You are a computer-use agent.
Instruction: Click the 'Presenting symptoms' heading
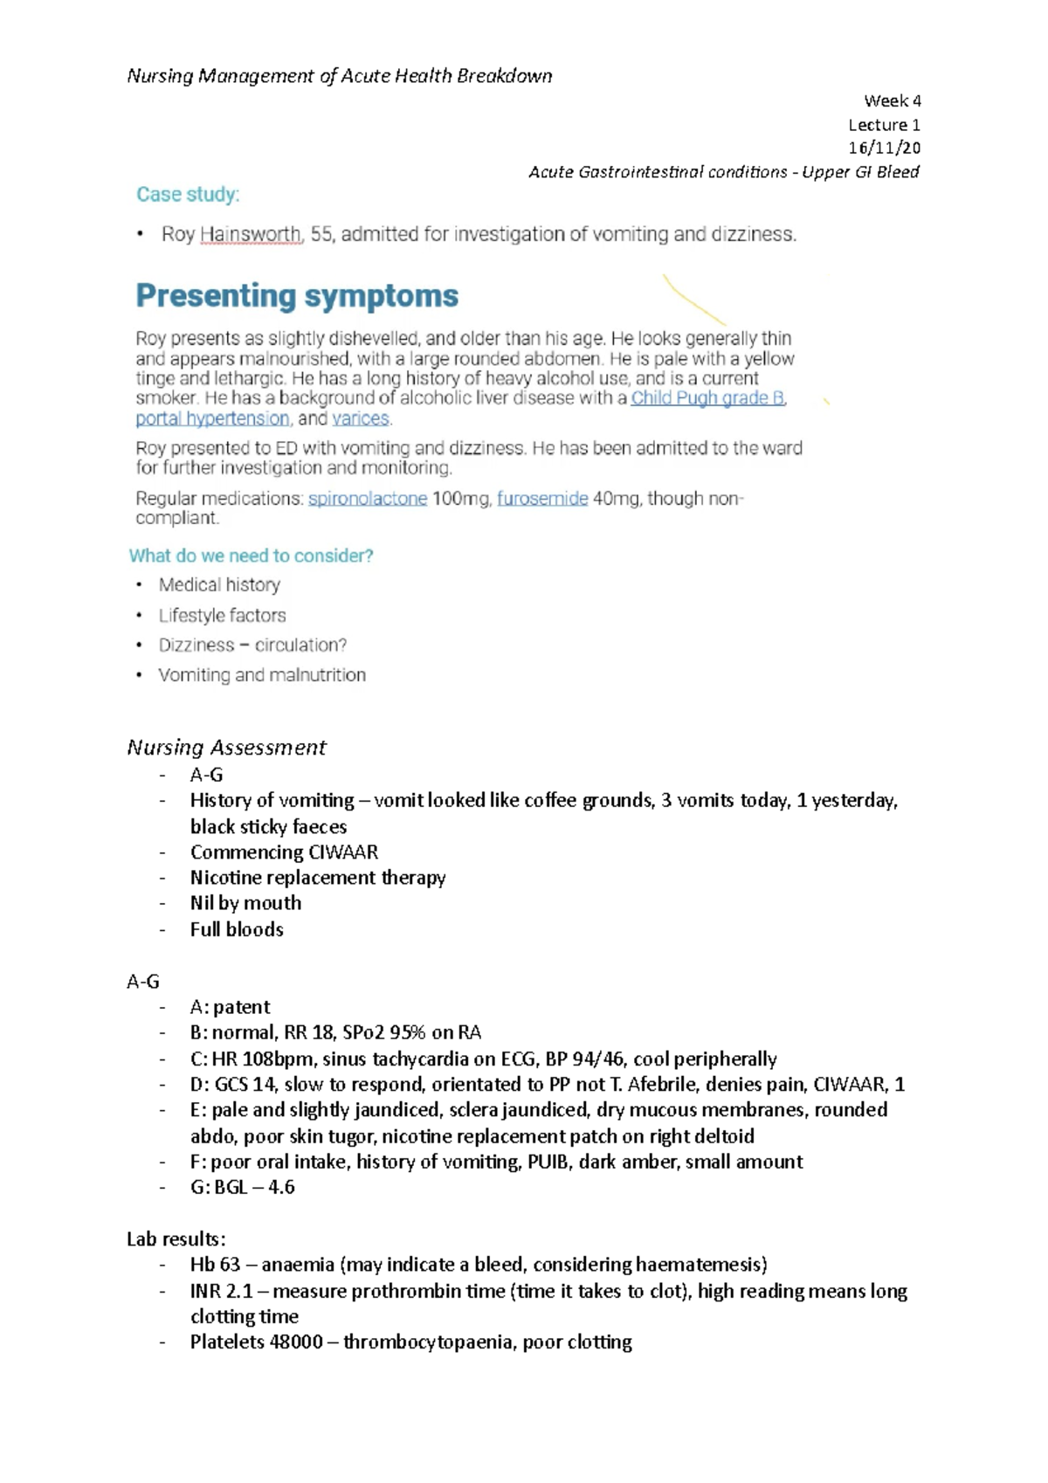(297, 296)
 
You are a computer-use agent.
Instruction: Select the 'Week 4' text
(892, 100)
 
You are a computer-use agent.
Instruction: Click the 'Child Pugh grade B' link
(707, 398)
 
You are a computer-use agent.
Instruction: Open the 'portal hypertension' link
(212, 418)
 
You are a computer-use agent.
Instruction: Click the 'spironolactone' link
(368, 499)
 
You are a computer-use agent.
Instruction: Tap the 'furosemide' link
(542, 499)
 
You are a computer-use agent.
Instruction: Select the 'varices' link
(361, 418)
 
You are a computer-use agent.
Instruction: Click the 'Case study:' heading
(188, 195)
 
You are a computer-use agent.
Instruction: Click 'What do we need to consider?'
(252, 555)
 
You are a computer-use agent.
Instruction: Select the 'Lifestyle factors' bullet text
(222, 615)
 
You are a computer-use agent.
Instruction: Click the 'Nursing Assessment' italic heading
(226, 748)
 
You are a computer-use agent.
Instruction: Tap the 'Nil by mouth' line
(245, 903)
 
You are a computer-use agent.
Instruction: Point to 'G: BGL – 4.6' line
(242, 1187)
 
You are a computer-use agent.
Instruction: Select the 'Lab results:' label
(176, 1238)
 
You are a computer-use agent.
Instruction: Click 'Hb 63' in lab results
(215, 1265)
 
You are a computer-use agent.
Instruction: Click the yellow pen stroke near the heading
(693, 300)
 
